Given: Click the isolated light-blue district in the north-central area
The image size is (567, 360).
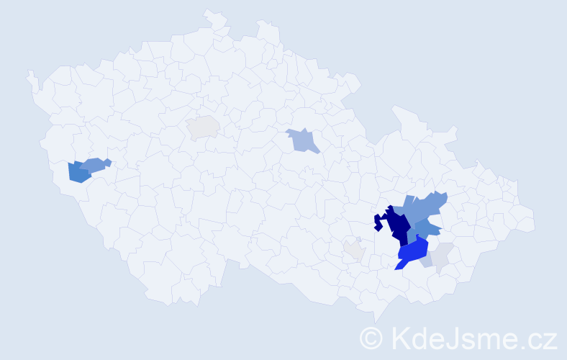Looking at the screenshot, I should [x=303, y=140].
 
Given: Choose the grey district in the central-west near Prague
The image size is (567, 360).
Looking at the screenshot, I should [x=204, y=127].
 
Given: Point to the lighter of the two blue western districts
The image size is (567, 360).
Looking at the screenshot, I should [x=94, y=164].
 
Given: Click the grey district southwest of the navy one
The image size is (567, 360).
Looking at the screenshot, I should [x=354, y=250].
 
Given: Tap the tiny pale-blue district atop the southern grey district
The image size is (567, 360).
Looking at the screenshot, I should [x=358, y=239].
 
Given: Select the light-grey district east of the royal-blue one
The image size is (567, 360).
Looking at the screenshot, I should [x=443, y=254].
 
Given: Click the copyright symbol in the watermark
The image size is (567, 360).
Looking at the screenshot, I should [x=371, y=337].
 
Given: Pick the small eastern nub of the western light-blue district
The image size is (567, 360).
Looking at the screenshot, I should [x=108, y=161].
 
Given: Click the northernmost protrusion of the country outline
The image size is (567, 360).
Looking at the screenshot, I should [x=211, y=13].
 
